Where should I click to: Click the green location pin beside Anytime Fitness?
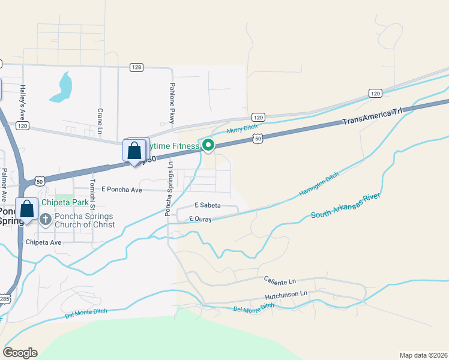(208, 145)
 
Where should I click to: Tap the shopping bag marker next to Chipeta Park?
(27, 209)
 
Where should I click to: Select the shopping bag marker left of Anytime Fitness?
(134, 151)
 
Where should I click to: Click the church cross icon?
(46, 220)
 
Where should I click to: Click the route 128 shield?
(137, 67)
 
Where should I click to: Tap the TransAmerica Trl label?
(370, 116)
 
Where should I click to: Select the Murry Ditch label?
(241, 128)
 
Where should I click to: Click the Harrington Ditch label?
(319, 184)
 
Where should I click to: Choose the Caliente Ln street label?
(280, 280)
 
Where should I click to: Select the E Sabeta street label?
(207, 205)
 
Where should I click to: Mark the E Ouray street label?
(200, 220)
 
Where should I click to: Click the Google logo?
(20, 353)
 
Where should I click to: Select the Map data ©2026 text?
(423, 355)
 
